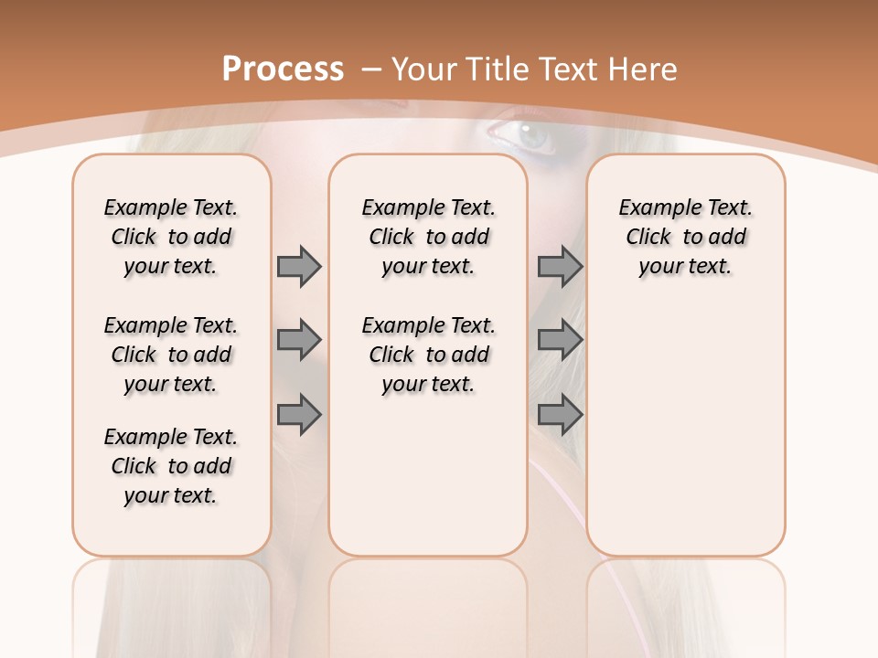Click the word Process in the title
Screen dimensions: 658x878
click(x=283, y=69)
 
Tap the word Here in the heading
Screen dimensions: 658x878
click(x=643, y=69)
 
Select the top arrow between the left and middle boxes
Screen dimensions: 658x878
click(x=299, y=266)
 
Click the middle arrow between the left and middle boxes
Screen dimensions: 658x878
click(x=299, y=340)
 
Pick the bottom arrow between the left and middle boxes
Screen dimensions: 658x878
click(x=299, y=415)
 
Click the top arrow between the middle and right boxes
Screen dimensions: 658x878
click(x=560, y=266)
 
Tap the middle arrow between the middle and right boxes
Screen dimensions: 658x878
click(x=560, y=340)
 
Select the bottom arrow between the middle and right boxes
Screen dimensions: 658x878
click(x=560, y=415)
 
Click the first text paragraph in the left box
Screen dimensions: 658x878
click(x=171, y=237)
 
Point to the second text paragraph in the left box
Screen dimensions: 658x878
click(x=171, y=355)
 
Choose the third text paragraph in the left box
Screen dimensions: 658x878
click(x=171, y=466)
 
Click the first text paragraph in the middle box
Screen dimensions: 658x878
click(x=428, y=237)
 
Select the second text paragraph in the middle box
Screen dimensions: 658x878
click(x=428, y=355)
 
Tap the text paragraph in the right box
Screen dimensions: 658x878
click(x=685, y=237)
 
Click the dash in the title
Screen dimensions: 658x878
click(x=371, y=69)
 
